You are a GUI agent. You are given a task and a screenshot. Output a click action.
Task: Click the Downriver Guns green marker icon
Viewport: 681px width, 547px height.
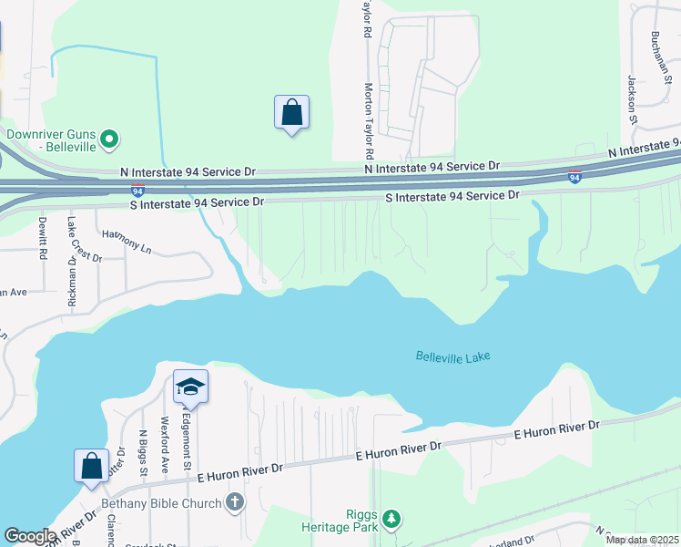click(110, 139)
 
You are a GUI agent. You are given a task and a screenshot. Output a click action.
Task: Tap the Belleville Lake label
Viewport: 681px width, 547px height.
click(452, 356)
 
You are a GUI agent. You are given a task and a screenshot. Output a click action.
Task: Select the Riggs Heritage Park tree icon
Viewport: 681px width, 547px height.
click(391, 519)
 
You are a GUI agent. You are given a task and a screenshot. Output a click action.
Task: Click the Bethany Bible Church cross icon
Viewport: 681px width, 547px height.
click(235, 502)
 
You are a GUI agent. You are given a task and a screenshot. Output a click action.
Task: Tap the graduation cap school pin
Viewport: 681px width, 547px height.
click(191, 387)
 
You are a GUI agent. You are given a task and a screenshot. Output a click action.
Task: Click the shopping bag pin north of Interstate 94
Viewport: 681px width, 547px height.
click(291, 114)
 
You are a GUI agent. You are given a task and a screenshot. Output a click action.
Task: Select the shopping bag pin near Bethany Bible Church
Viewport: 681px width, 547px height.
click(92, 466)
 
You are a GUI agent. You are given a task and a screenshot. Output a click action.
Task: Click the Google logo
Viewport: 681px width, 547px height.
click(30, 536)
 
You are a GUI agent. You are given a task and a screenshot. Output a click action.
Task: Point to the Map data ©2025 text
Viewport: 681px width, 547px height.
click(642, 540)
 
